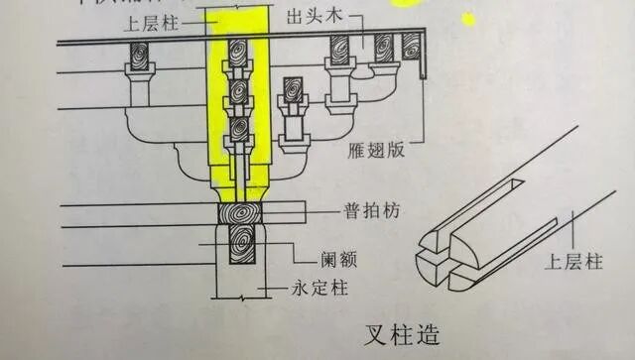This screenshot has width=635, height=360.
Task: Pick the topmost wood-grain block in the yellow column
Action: pos(238,53)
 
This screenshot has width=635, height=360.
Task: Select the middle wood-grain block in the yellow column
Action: pos(238,91)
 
